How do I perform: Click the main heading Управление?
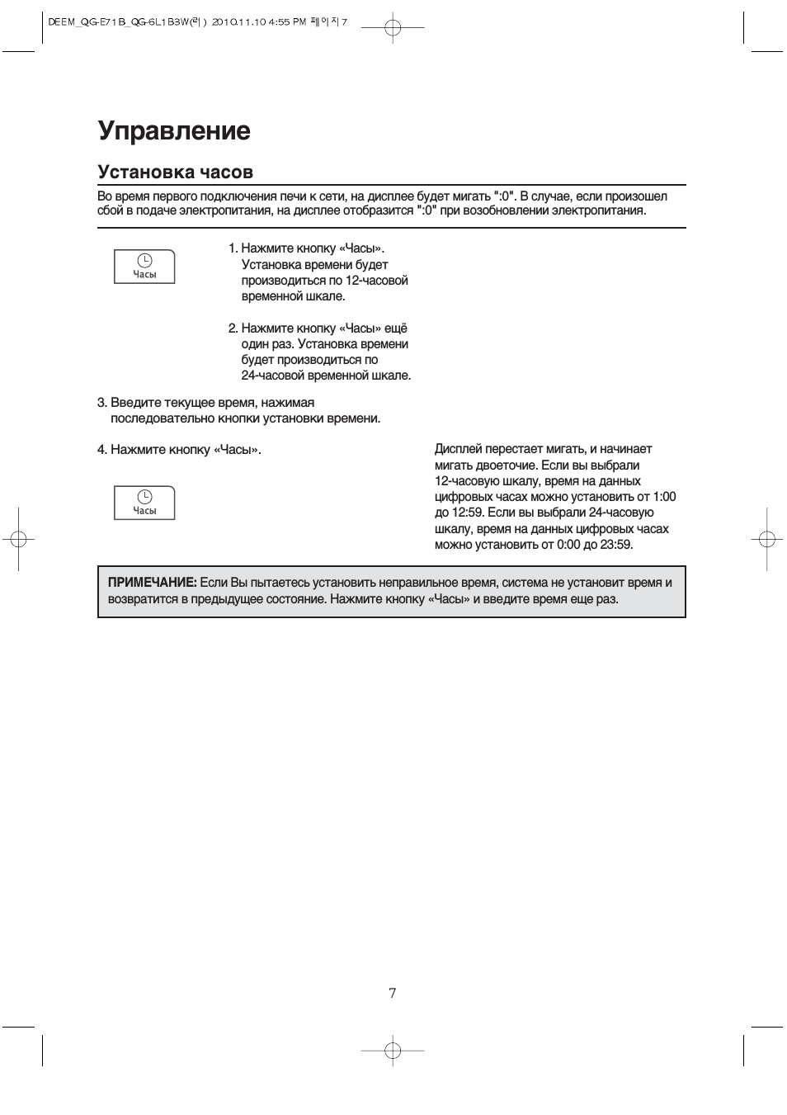[174, 130]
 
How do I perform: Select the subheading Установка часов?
[175, 172]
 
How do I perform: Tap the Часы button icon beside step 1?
[144, 266]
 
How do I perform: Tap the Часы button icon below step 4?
[144, 502]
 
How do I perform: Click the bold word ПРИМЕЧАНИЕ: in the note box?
[152, 583]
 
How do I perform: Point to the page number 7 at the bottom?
[393, 993]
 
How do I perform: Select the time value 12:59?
[466, 513]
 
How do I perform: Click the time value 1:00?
[663, 497]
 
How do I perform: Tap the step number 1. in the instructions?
[233, 248]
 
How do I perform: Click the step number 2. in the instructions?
[233, 328]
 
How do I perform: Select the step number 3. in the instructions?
[102, 403]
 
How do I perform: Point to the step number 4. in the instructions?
[102, 450]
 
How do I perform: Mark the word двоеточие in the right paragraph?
[507, 465]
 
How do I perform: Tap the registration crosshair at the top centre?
[393, 29]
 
